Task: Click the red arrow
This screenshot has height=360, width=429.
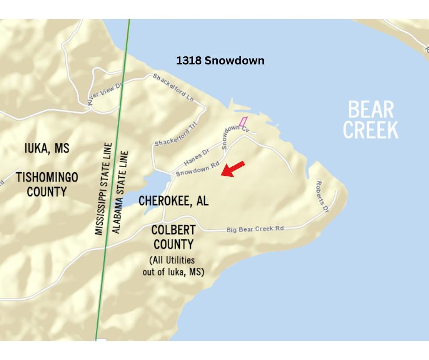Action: click(233, 168)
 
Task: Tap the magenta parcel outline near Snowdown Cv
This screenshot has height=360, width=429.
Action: click(243, 122)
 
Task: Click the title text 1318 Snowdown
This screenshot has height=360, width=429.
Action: click(220, 61)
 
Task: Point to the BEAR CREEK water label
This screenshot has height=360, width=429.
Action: click(371, 120)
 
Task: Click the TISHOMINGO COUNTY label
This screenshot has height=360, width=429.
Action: click(47, 184)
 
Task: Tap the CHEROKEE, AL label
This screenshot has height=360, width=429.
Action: click(173, 201)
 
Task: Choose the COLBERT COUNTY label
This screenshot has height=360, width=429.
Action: click(173, 237)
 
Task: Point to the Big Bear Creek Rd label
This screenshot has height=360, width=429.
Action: click(255, 228)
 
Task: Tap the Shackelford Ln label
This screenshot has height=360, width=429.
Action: click(174, 86)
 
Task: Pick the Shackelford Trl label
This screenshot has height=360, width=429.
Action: click(176, 136)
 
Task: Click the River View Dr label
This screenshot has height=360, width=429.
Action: click(105, 95)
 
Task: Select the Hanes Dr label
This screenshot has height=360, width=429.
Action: click(196, 156)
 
